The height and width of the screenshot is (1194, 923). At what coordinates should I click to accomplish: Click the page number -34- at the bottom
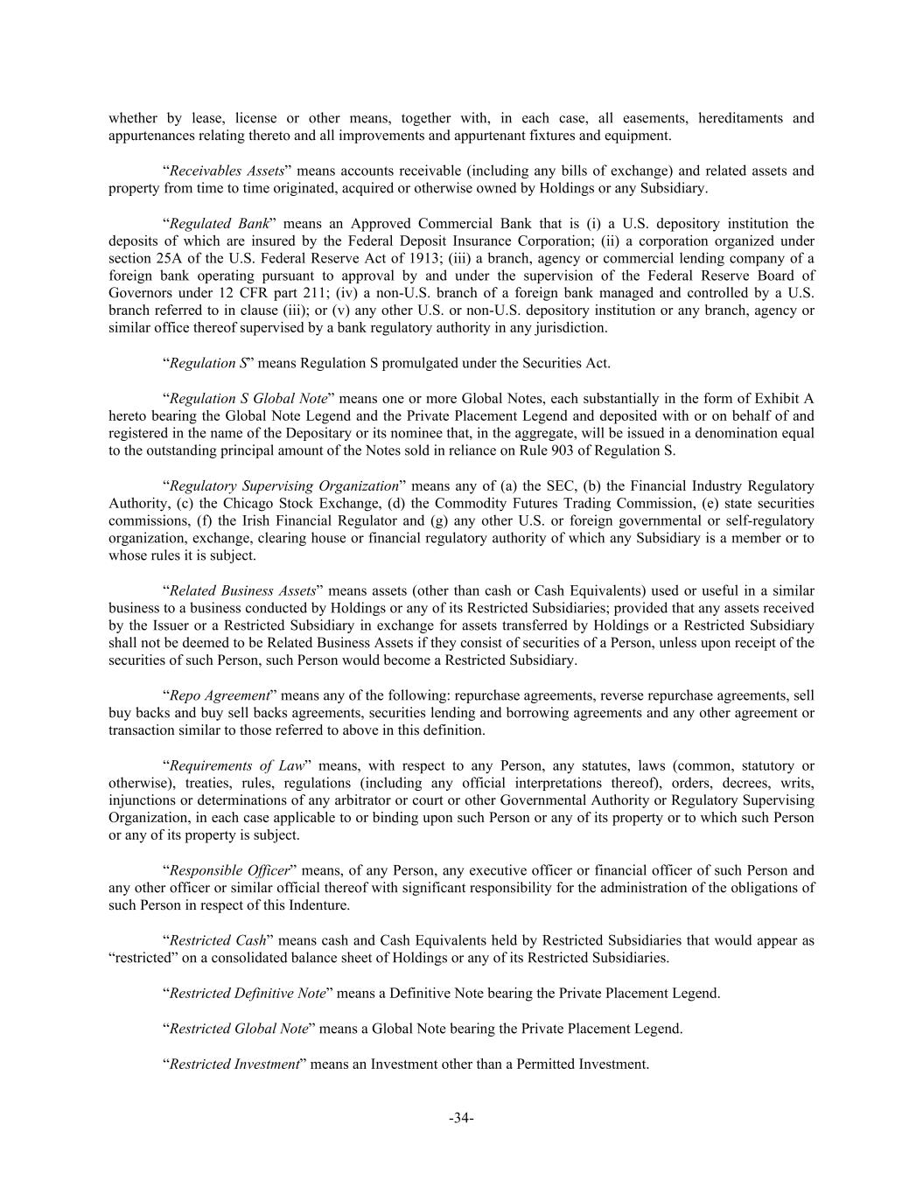coord(461,1117)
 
